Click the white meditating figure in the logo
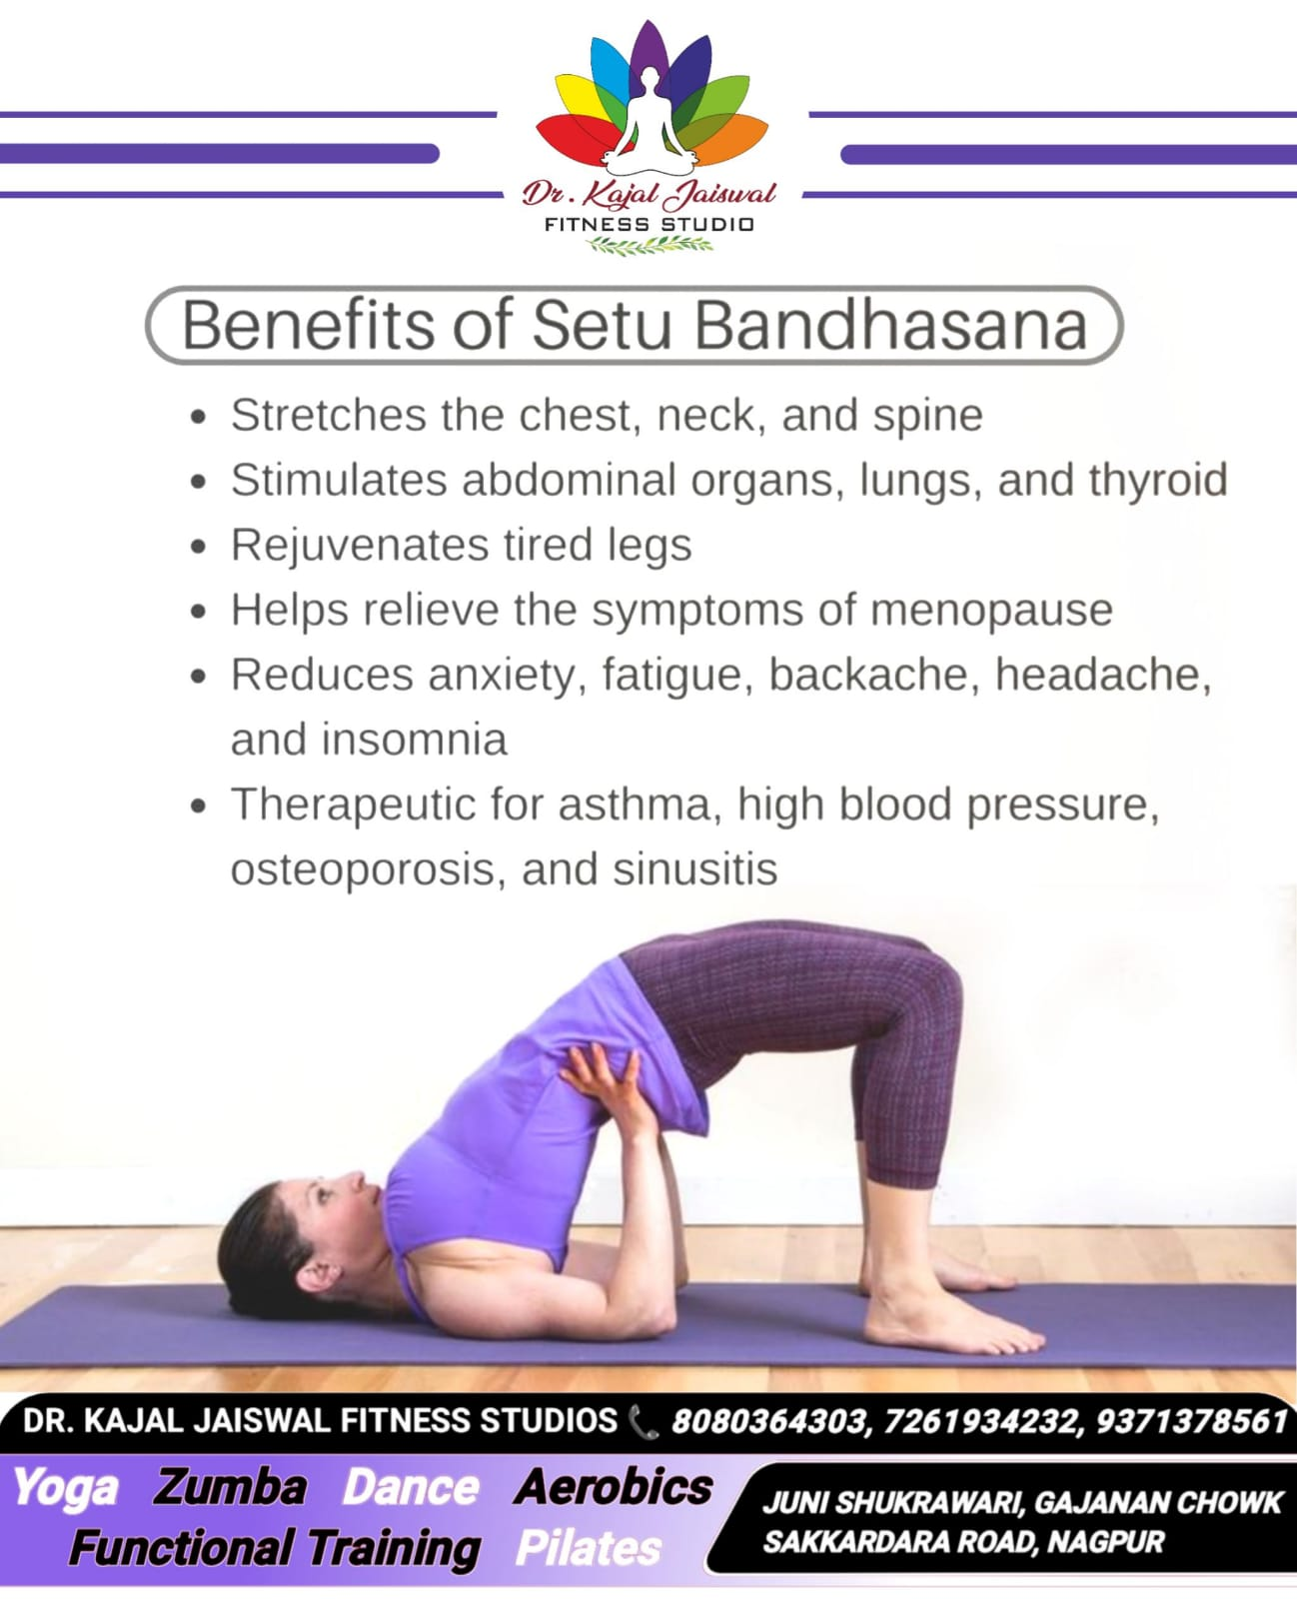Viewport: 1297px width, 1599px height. click(x=650, y=120)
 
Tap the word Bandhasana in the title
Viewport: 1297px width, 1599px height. click(x=891, y=326)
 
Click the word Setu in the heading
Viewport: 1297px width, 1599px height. click(x=602, y=326)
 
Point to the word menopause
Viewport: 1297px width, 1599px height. click(x=991, y=612)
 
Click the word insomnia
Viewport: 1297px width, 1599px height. click(x=415, y=740)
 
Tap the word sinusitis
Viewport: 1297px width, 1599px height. click(x=695, y=869)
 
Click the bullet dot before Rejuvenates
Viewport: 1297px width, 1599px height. click(x=198, y=547)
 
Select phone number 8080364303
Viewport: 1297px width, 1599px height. click(x=769, y=1420)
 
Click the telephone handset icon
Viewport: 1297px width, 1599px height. click(x=644, y=1422)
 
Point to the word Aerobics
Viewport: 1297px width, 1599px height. click(x=613, y=1486)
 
